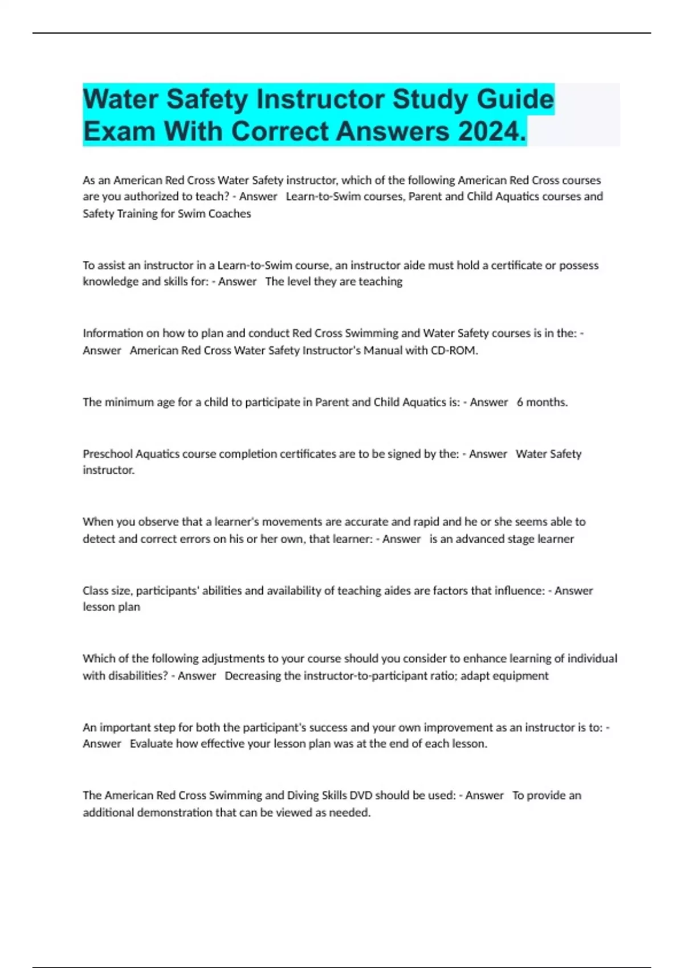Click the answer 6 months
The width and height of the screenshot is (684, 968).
point(542,403)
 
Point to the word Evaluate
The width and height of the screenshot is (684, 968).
point(151,744)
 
